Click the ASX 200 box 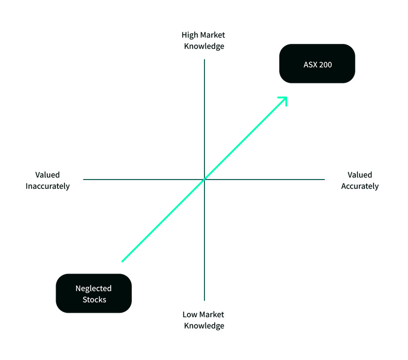[317, 63]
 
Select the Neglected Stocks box [94, 293]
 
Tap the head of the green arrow [285, 99]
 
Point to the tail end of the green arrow [122, 261]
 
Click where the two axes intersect [204, 179]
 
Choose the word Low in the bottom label [190, 315]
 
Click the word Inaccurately [48, 186]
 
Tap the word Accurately [360, 186]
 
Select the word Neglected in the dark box [94, 288]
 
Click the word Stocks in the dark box [94, 300]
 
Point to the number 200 [325, 64]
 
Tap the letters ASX [309, 64]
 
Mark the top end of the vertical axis [204, 60]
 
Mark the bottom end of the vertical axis [204, 300]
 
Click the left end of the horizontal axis [84, 179]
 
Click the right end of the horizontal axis [324, 179]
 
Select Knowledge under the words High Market [204, 46]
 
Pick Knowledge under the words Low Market [204, 325]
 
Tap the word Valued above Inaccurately [47, 175]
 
